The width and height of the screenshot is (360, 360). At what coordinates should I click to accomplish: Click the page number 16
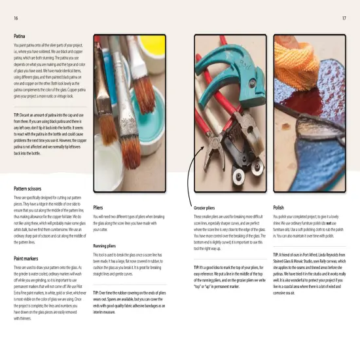tap(15, 18)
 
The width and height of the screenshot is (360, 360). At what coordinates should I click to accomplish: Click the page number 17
tap(344, 18)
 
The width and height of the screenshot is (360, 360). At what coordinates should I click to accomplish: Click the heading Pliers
tap(98, 206)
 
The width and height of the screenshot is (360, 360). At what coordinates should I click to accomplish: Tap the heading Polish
tap(279, 206)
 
